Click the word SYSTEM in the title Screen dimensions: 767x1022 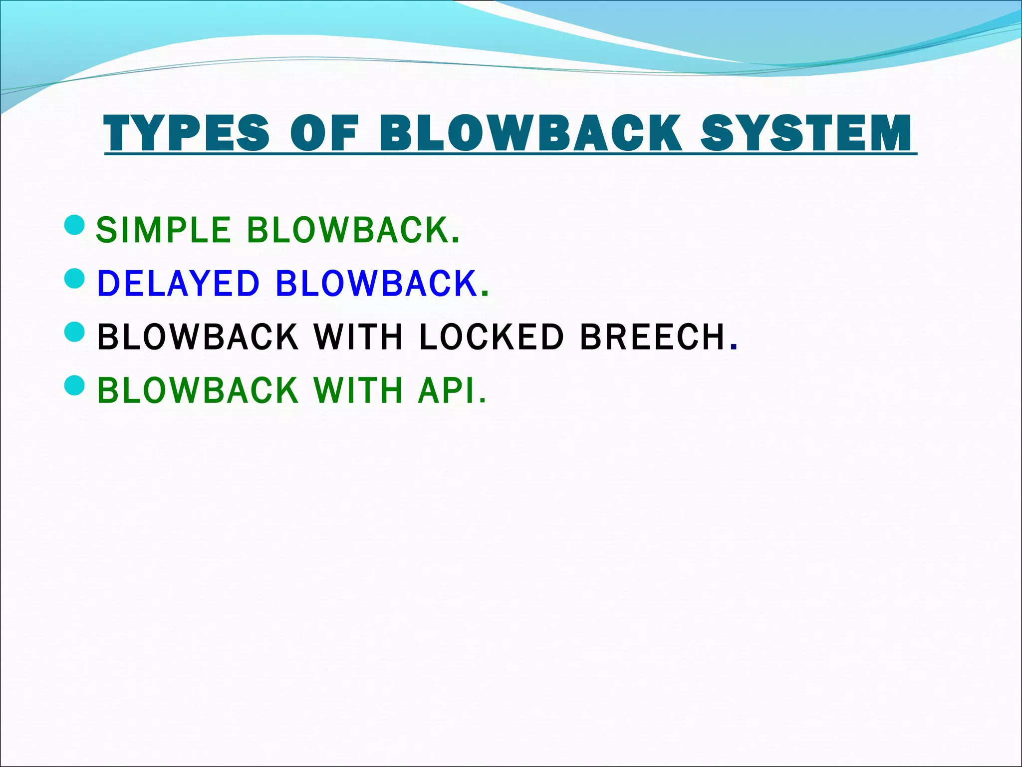point(806,133)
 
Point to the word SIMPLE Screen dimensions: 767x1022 point(163,230)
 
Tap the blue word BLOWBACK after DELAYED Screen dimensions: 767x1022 point(377,283)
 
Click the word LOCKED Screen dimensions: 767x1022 point(492,337)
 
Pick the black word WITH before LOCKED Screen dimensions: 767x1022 point(358,337)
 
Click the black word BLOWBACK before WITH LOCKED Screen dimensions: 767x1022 point(198,337)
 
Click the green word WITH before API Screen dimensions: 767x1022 point(358,390)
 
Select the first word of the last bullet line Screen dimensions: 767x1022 point(198,390)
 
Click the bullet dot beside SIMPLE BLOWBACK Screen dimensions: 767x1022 point(75,225)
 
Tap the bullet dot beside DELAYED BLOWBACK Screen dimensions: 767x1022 point(75,279)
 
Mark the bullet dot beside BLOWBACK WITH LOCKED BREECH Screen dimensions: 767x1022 point(75,332)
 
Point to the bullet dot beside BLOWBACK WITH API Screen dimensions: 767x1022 point(75,385)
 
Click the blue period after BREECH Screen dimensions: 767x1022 point(733,346)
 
